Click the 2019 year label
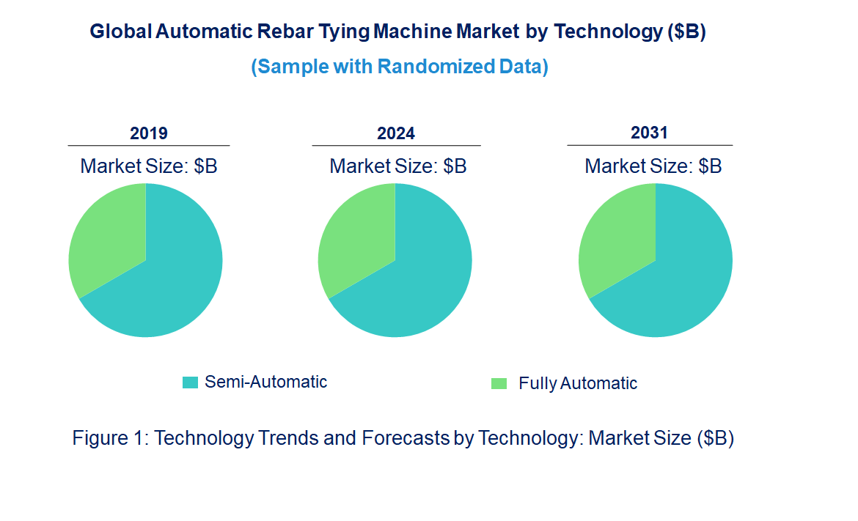[148, 133]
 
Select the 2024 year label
[395, 133]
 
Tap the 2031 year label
[649, 133]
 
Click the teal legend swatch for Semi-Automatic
[190, 383]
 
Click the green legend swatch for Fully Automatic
[499, 383]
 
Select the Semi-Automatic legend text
[265, 382]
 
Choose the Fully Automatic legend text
[577, 383]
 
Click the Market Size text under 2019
[148, 166]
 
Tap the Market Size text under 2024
[397, 166]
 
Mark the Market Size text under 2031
[653, 166]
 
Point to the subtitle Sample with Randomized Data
[400, 67]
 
